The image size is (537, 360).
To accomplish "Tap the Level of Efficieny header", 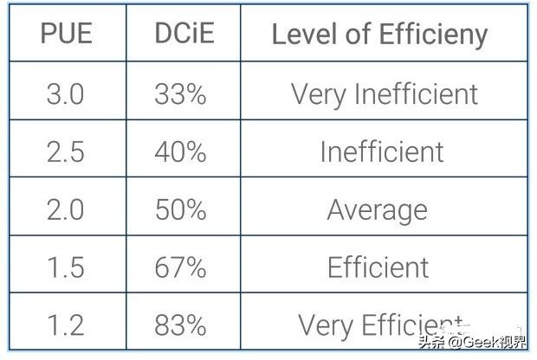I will click(x=379, y=34).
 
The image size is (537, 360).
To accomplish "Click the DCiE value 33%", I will click(x=180, y=93).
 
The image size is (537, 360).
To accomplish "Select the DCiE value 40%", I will click(x=180, y=151).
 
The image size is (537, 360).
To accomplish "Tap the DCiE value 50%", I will click(x=180, y=209).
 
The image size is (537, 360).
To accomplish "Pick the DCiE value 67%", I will click(x=180, y=267).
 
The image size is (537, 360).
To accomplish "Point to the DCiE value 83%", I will click(x=180, y=325).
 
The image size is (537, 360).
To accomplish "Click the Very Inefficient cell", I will click(x=384, y=93).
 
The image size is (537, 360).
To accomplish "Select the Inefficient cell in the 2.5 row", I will click(x=381, y=151).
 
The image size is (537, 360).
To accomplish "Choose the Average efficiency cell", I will click(x=378, y=209).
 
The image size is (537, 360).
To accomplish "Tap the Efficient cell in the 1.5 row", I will click(x=378, y=267).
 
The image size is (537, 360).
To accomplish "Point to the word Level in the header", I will click(x=298, y=34).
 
